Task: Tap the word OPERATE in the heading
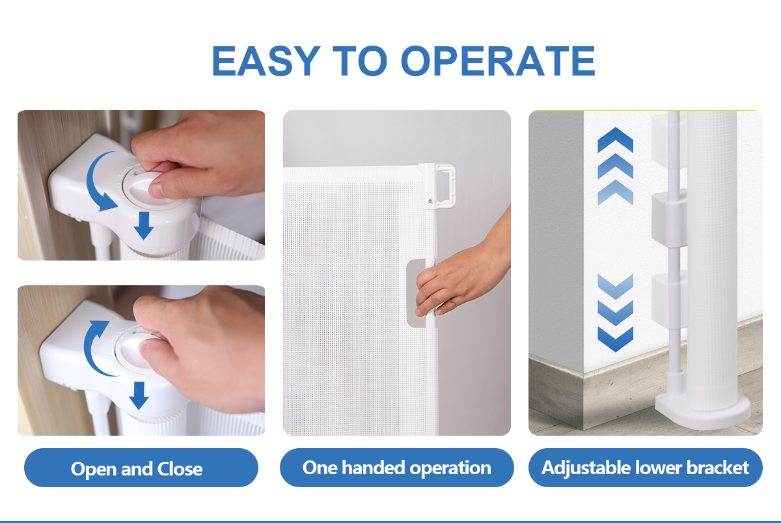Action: coord(499,61)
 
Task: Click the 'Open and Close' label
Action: coord(136,468)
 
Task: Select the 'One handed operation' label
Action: coord(397,468)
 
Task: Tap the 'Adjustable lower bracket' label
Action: coord(645,468)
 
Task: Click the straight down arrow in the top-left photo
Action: coord(144,225)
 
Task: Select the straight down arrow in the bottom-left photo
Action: coord(139,395)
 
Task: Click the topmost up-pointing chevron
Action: coord(616,139)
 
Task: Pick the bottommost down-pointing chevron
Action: coord(616,339)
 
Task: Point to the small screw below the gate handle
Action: coord(430,201)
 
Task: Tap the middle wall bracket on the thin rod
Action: coord(669,218)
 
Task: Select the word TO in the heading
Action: coord(360,61)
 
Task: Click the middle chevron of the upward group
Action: coord(616,166)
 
